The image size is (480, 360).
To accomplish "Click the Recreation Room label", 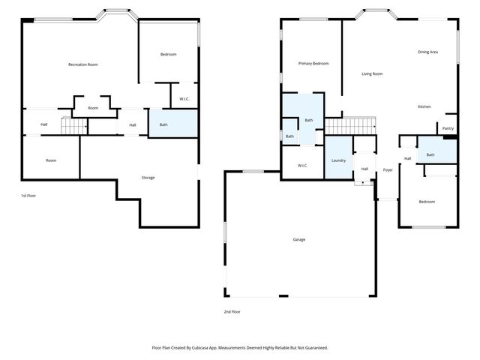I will [x=83, y=64].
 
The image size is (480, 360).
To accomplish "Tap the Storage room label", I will [x=148, y=178].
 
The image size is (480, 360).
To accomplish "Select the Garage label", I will [x=299, y=239].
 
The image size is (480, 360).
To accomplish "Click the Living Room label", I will [x=372, y=73].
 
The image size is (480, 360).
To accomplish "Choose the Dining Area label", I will [x=427, y=52].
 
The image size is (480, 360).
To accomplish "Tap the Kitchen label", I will [x=424, y=107].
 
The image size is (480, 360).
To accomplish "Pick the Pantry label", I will [x=448, y=128].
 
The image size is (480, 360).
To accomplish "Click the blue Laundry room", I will [x=338, y=160].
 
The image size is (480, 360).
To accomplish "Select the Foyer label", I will [x=388, y=170].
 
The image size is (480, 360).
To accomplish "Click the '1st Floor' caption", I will [x=28, y=196].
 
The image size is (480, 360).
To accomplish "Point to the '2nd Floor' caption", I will [x=232, y=311].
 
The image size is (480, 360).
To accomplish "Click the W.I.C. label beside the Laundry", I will [x=302, y=166].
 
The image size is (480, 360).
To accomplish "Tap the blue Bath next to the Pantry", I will [x=430, y=154].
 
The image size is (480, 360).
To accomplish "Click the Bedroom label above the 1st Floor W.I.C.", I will [x=168, y=54].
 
